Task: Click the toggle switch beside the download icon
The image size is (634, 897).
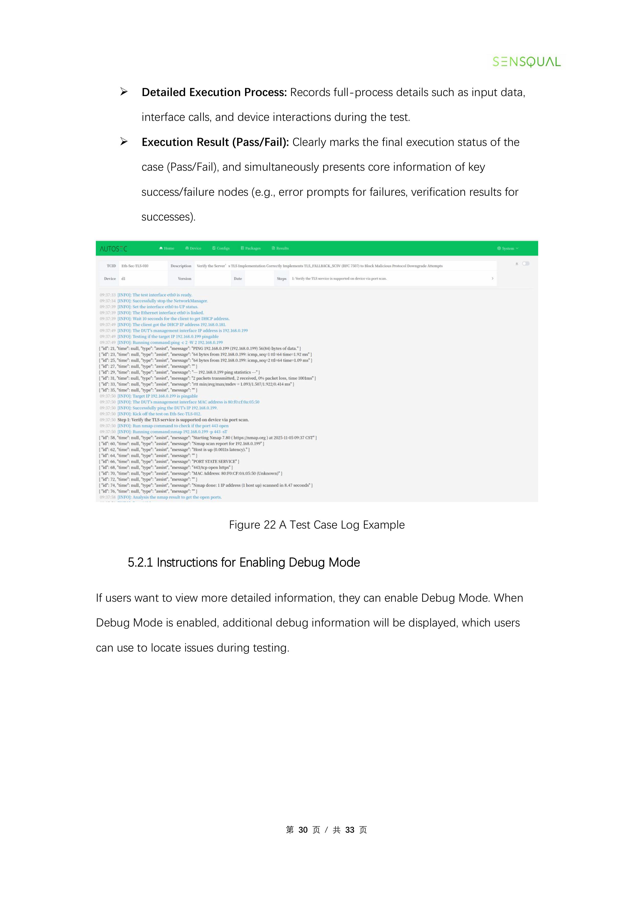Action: click(526, 264)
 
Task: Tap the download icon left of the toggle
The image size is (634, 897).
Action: click(517, 264)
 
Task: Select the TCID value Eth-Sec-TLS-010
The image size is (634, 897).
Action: click(135, 266)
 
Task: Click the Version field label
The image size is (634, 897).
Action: click(185, 279)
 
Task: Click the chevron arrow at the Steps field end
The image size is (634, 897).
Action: click(492, 279)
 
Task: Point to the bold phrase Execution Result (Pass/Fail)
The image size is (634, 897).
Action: click(215, 142)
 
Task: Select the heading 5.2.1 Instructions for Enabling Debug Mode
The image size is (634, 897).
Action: click(244, 563)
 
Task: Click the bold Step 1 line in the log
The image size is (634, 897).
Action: click(183, 420)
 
